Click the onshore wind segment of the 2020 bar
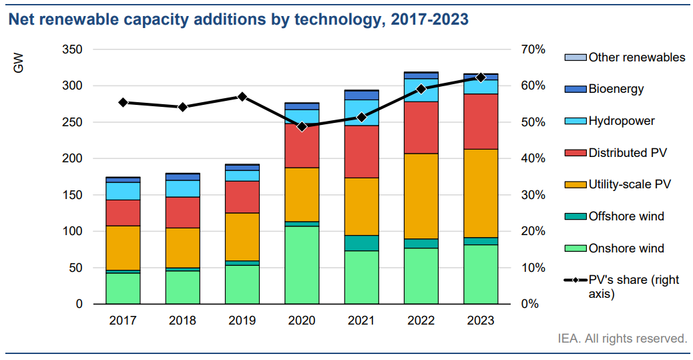[302, 264]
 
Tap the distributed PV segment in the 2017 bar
[123, 212]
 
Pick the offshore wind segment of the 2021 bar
[361, 243]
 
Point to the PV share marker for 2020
[302, 126]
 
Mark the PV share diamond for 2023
[481, 77]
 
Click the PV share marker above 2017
[123, 102]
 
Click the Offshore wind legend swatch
[575, 216]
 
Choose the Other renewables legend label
[636, 57]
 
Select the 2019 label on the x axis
[242, 321]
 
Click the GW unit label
[18, 64]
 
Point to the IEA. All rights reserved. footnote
[622, 339]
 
